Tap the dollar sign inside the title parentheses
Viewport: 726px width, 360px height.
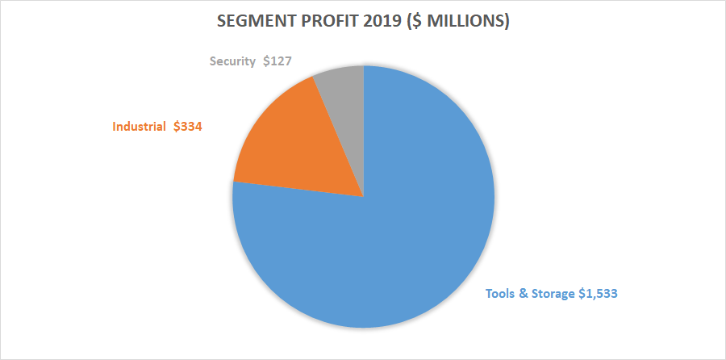coord(407,23)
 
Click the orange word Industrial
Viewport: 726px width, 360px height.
coord(139,127)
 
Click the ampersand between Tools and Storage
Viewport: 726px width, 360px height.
coord(524,294)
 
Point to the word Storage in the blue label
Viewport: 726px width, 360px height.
coord(553,294)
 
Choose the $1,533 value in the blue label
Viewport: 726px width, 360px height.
coord(599,294)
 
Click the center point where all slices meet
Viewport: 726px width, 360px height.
coord(364,197)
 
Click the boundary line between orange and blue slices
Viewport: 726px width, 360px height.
coord(298,189)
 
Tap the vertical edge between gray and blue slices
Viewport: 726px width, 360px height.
coord(364,129)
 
